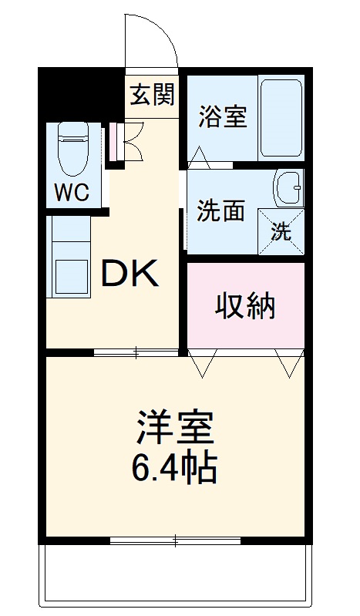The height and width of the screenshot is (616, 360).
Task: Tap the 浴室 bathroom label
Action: click(x=222, y=117)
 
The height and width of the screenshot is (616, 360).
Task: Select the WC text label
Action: click(x=71, y=192)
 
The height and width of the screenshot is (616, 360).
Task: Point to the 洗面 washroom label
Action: click(x=220, y=210)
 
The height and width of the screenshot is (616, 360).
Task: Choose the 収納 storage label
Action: click(x=244, y=307)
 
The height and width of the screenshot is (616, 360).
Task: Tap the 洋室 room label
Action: click(x=176, y=427)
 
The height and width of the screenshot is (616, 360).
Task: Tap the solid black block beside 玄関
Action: click(x=81, y=93)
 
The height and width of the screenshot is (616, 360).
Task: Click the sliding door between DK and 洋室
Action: click(x=137, y=352)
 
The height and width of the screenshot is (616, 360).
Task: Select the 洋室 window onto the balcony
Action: click(x=177, y=540)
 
